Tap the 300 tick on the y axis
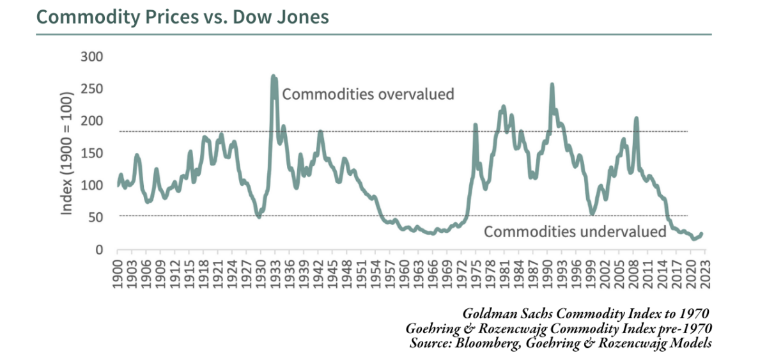(x=92, y=57)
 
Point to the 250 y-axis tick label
(x=92, y=89)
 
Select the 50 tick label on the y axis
(x=95, y=217)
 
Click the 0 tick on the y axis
(x=99, y=250)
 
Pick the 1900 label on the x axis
(x=118, y=272)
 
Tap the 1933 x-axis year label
(x=274, y=272)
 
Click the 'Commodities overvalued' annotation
(x=368, y=94)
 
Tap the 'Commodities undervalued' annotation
(x=575, y=231)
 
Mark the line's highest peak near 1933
(x=274, y=76)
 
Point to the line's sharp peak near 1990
(x=552, y=84)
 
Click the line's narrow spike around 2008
(x=636, y=118)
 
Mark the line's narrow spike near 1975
(x=475, y=125)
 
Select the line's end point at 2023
(x=702, y=234)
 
